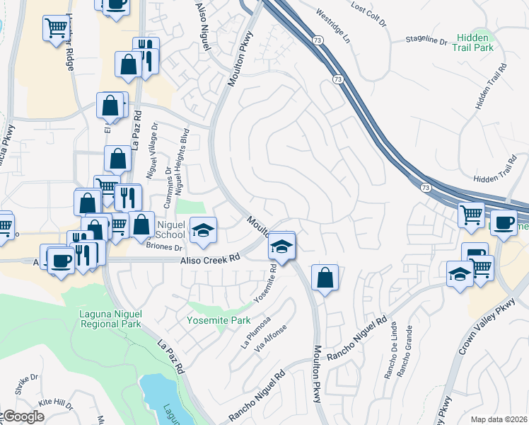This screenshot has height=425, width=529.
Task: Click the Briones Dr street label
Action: (164, 248)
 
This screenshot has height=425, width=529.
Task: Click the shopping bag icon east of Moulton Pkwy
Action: (324, 278)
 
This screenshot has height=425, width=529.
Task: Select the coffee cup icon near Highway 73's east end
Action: (503, 222)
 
